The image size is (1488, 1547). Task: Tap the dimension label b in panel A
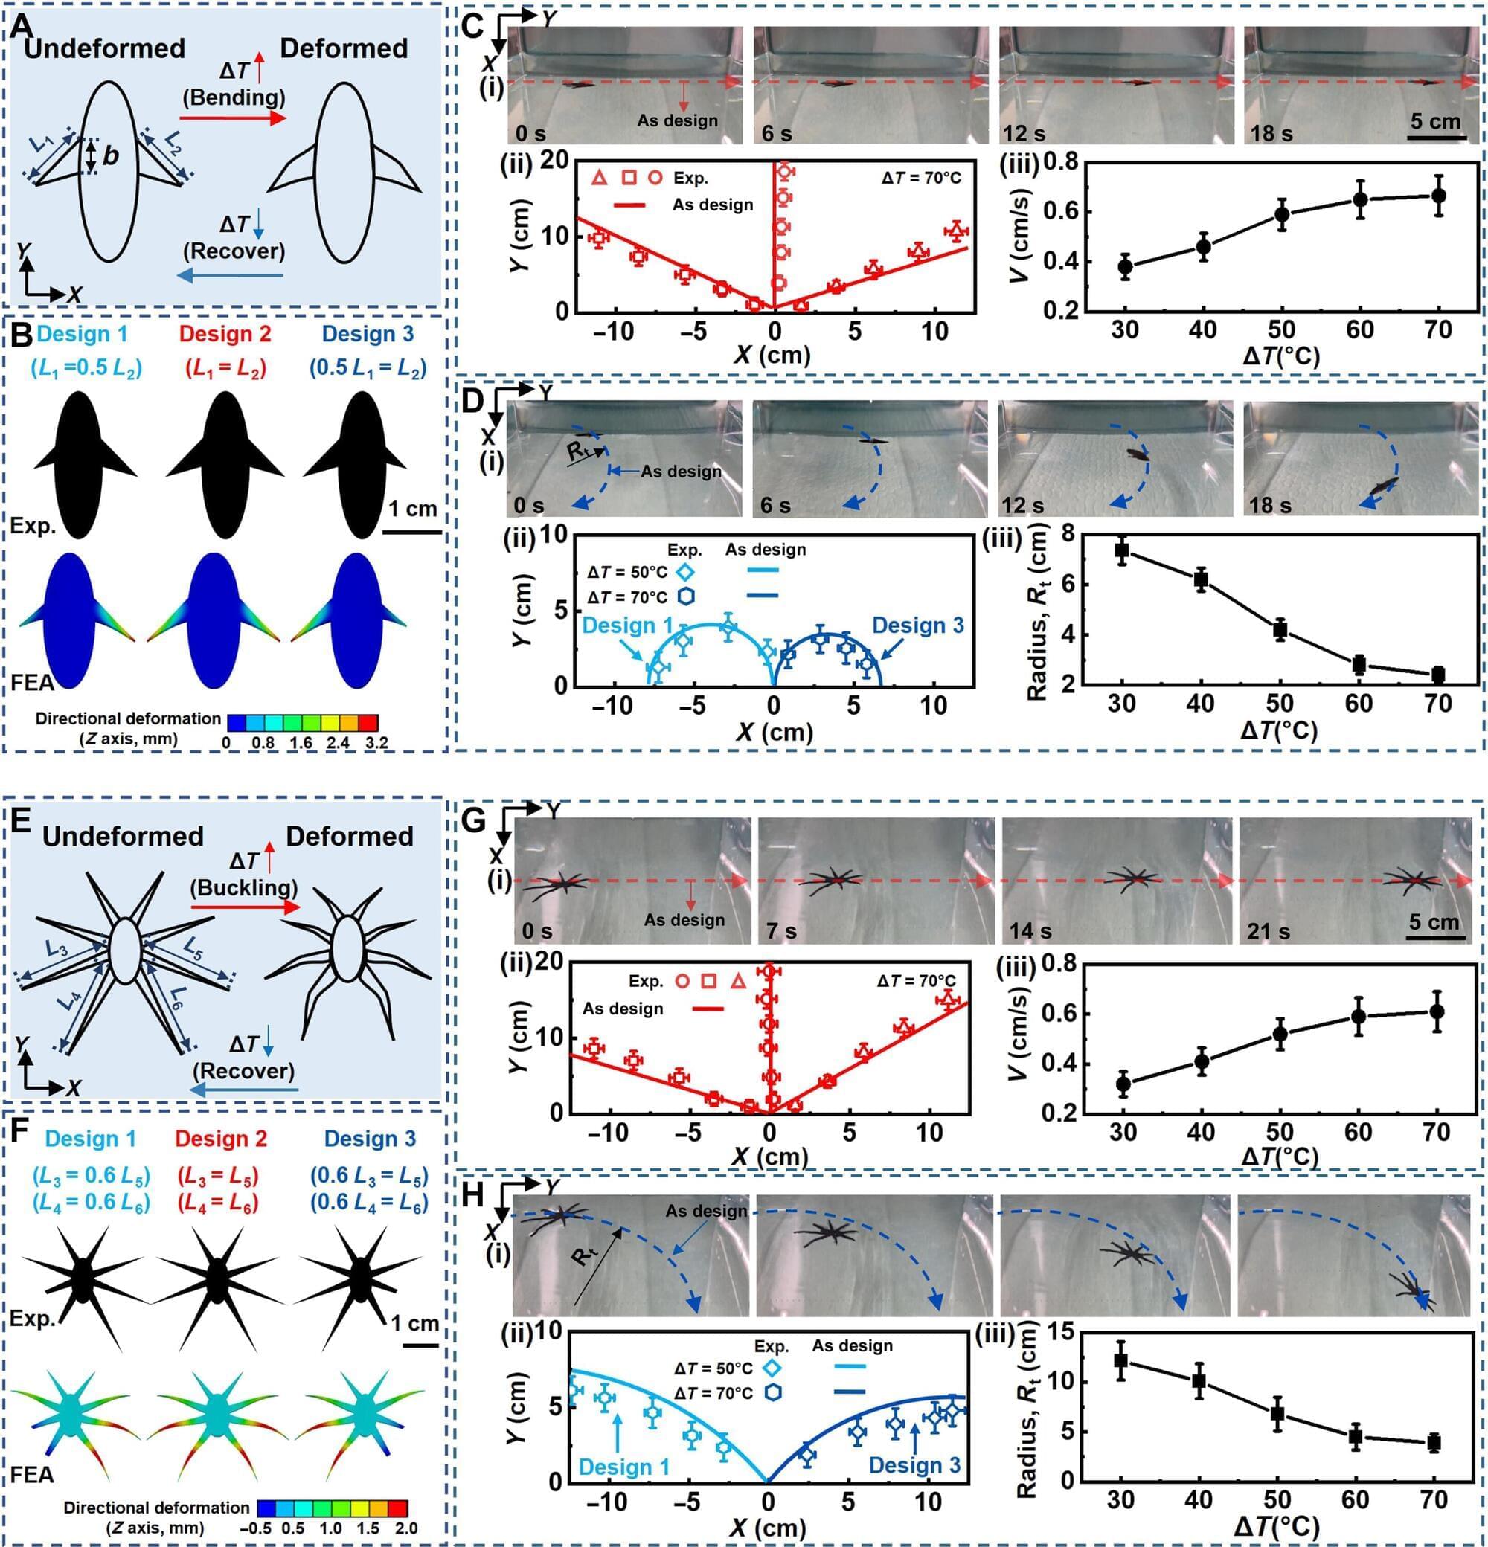point(111,156)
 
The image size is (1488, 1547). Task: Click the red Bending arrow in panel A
point(232,118)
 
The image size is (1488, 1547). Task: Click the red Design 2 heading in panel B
point(225,334)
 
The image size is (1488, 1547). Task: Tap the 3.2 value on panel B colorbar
point(376,743)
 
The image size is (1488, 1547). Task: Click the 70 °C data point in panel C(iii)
point(1438,195)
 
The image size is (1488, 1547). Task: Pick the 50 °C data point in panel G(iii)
point(1280,1034)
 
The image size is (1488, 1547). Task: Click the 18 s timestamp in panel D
point(1270,504)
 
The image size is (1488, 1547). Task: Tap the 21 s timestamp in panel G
point(1269,931)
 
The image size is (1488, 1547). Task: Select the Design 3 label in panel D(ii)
point(918,626)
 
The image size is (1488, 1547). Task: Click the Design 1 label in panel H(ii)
point(623,1467)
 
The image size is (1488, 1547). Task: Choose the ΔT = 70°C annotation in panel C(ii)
point(921,178)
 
